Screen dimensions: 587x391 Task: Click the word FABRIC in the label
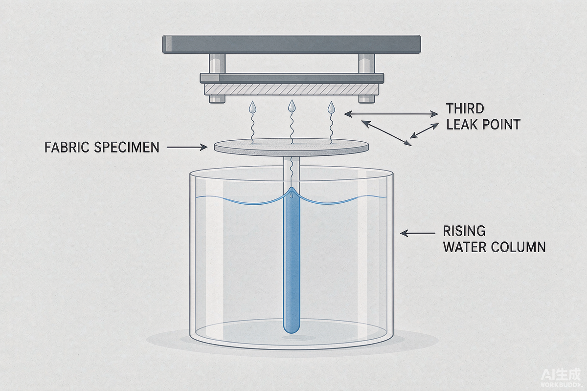click(67, 147)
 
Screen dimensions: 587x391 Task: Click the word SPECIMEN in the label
click(127, 147)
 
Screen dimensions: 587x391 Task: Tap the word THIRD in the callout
click(465, 109)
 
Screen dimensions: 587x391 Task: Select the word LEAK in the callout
click(461, 125)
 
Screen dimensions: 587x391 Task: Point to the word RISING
click(464, 231)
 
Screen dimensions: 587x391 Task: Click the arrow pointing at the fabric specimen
click(187, 147)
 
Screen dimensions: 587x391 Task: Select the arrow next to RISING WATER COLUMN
click(418, 233)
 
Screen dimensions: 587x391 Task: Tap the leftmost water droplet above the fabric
click(252, 107)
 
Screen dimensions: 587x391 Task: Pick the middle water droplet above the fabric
click(292, 106)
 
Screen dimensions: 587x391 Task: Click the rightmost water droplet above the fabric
click(331, 108)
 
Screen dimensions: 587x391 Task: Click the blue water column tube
click(292, 261)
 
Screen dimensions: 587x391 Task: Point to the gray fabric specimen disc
click(292, 147)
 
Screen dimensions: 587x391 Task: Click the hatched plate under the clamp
click(292, 89)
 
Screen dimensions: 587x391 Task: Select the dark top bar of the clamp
click(292, 44)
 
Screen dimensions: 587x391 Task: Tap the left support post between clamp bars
click(217, 64)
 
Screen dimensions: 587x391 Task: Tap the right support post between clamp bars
click(366, 64)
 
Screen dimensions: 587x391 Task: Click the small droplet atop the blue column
click(291, 195)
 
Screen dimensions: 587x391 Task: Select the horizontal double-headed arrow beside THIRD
click(391, 114)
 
